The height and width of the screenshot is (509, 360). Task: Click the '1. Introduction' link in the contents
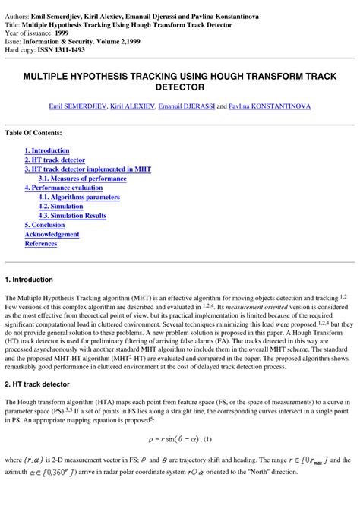[x=46, y=151]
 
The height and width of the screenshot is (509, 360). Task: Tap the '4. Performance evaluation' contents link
[x=63, y=188]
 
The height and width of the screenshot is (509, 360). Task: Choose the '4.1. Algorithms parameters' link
[x=79, y=197]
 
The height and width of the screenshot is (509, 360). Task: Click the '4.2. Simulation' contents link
[x=61, y=206]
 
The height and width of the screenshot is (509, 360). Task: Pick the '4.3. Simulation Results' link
[x=72, y=216]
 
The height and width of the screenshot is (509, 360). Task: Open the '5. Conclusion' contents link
[x=44, y=225]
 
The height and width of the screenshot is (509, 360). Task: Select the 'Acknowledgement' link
[x=52, y=234]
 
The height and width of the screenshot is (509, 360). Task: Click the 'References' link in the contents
[x=41, y=244]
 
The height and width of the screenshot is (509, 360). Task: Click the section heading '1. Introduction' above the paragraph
[x=29, y=280]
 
